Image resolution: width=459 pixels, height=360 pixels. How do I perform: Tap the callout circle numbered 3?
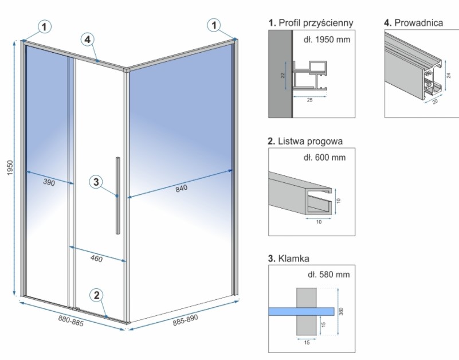click(96, 182)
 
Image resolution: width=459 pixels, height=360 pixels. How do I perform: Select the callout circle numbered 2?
click(96, 295)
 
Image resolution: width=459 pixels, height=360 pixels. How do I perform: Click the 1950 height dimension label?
click(11, 169)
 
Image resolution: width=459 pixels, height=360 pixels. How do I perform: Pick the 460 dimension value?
click(97, 259)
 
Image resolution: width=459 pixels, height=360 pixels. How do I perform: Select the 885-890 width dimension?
click(186, 319)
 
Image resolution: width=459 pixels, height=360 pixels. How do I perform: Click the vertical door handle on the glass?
click(117, 195)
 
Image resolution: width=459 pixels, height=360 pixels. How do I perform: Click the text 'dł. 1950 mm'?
click(326, 40)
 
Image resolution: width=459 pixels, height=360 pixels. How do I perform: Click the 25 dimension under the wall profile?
click(309, 100)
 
